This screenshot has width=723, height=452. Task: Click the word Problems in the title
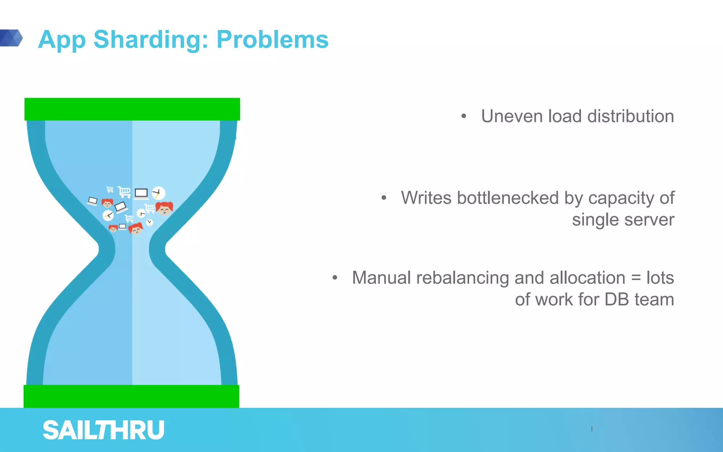272,40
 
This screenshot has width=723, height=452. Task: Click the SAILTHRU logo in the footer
103,430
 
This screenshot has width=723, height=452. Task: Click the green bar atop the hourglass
132,109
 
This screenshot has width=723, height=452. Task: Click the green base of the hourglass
131,396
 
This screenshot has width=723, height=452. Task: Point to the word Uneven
512,116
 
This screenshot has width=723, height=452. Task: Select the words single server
623,220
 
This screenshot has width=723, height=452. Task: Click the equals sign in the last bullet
635,278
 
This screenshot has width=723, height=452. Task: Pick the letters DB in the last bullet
617,299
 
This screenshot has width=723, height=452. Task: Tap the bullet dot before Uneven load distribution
464,116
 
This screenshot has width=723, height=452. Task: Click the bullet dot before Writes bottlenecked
384,198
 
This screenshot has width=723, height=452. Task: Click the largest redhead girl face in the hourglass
165,208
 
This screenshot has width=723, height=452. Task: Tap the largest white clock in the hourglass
159,193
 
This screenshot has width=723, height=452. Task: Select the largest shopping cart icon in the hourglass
124,192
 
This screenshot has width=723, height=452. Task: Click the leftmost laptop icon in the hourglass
92,201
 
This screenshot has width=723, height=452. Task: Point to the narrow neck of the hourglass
132,249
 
